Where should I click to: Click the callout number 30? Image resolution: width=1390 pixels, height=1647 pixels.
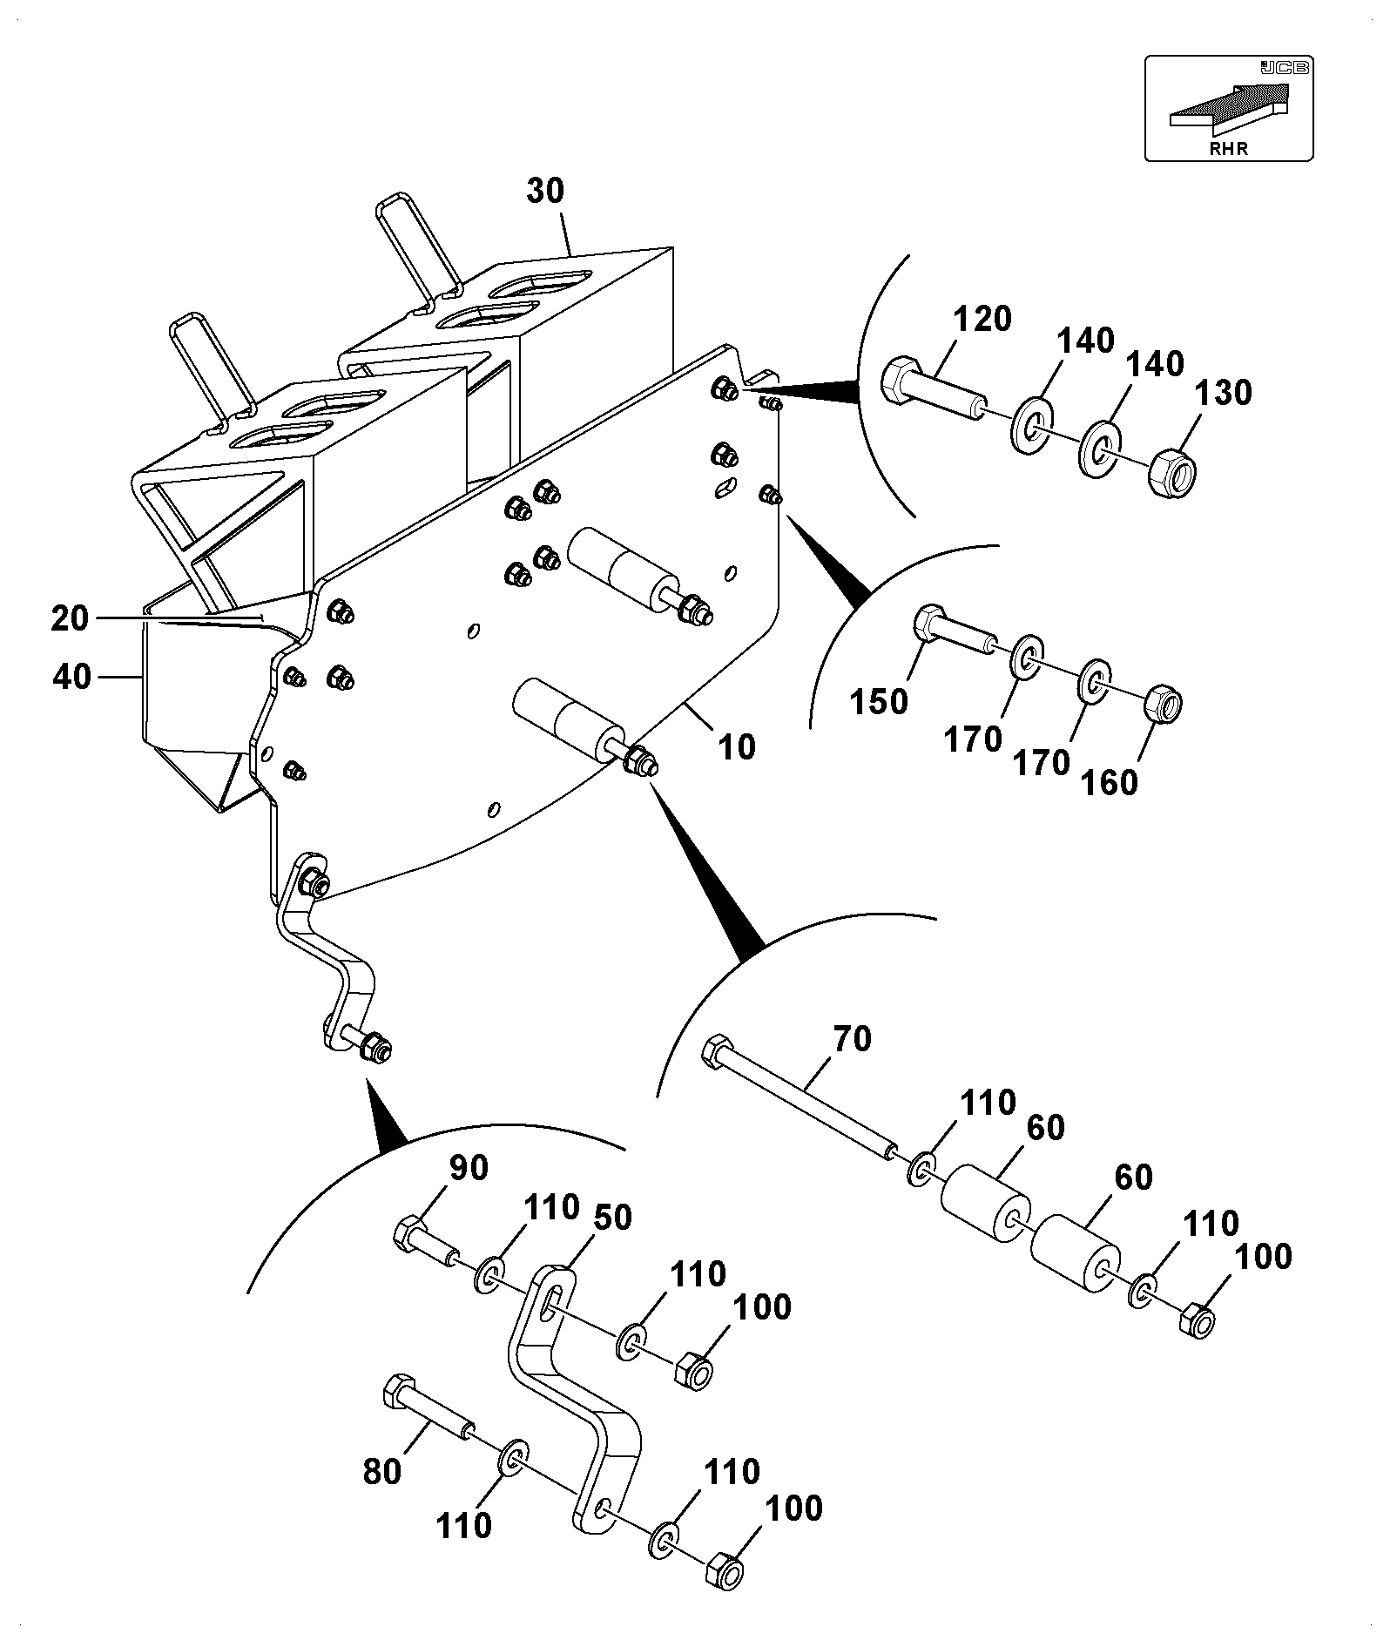pos(545,192)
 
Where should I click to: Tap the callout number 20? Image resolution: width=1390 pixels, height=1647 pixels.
pos(71,618)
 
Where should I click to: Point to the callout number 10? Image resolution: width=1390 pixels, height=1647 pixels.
pos(737,747)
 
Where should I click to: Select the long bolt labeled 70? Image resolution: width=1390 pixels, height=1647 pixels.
pos(800,1098)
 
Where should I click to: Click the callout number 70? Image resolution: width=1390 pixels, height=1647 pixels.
pos(852,1039)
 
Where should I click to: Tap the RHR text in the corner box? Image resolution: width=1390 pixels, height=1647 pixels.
pos(1228,148)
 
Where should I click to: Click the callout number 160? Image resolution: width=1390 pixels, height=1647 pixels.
pos(1109,783)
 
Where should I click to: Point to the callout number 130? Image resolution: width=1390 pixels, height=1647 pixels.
pos(1223,394)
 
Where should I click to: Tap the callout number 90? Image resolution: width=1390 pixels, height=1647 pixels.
pos(469,1168)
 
